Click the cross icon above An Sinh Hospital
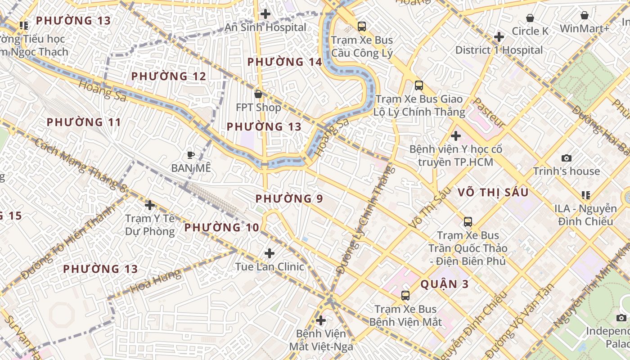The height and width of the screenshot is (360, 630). [265, 14]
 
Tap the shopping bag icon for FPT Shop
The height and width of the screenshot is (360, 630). [258, 94]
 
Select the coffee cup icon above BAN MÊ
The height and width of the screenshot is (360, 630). [191, 155]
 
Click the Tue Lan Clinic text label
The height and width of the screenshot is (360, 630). [270, 266]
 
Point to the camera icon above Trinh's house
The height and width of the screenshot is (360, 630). [567, 158]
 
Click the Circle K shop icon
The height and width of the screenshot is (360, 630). [530, 18]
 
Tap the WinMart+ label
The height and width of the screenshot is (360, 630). [584, 28]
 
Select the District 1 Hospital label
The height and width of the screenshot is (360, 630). [499, 50]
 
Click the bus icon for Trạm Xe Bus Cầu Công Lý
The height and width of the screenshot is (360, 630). [362, 27]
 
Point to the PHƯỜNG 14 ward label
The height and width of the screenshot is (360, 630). [285, 62]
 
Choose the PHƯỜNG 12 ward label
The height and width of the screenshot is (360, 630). [168, 76]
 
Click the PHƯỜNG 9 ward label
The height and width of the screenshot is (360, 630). [289, 198]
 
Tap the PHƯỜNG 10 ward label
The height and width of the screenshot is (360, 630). [222, 227]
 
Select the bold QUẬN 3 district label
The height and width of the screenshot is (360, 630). [445, 284]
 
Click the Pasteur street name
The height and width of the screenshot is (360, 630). [489, 112]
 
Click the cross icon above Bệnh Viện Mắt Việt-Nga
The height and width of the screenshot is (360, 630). [321, 320]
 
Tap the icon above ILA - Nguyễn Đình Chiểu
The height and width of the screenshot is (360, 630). [586, 195]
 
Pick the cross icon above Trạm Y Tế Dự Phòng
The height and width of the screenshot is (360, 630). [150, 205]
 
